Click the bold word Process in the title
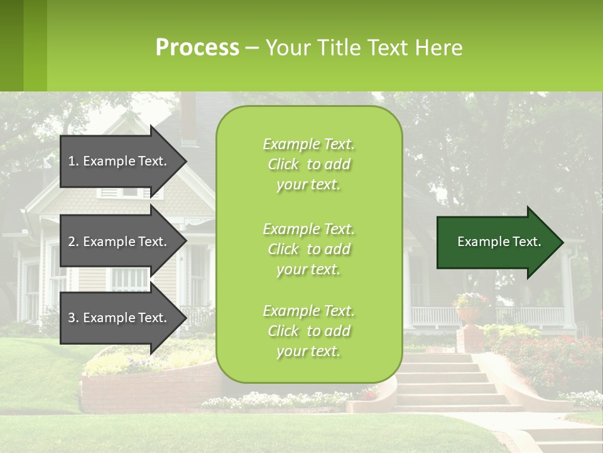point(197,48)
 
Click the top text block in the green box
point(308,164)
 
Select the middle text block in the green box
point(308,249)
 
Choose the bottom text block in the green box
point(308,331)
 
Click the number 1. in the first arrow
point(73,161)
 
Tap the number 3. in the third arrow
point(73,318)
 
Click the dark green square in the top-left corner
point(11,45)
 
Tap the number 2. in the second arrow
point(73,242)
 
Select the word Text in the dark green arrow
point(528,242)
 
